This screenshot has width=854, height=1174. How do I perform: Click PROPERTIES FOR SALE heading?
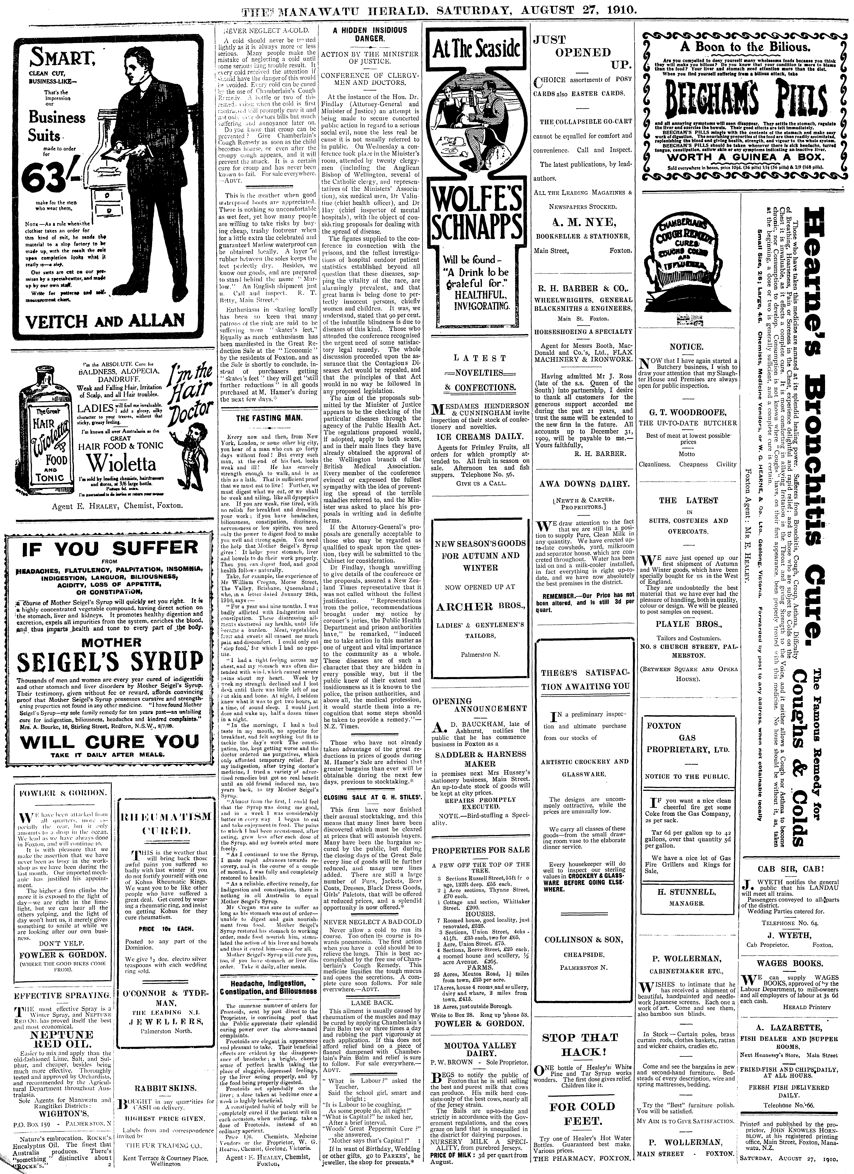point(481,849)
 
